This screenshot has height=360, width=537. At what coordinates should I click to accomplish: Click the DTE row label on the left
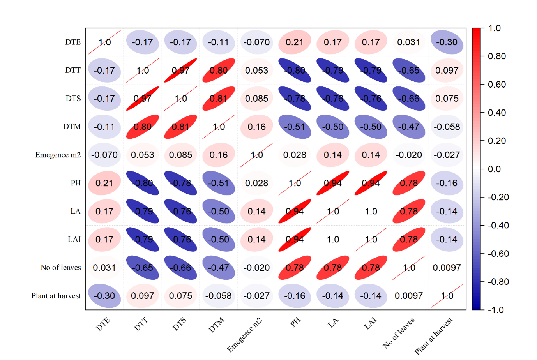73,42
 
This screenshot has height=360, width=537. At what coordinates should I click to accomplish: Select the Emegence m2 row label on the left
58,155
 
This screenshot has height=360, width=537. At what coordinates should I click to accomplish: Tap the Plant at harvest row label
56,296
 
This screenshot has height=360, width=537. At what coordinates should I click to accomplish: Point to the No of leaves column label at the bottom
399,332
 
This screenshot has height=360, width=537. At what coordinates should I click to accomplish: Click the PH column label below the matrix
295,322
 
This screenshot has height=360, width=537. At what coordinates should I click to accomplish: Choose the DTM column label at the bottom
216,325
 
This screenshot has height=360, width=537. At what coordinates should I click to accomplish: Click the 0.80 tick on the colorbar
497,56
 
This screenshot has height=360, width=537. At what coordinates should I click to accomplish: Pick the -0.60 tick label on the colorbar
498,254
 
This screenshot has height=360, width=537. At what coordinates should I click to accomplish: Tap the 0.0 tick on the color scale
494,169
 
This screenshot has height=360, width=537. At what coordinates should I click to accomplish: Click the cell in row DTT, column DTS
180,71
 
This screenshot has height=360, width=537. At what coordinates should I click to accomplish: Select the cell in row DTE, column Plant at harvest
447,42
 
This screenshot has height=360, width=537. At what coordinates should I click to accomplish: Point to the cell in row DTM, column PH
295,127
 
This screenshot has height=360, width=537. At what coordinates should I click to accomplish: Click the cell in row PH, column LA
333,183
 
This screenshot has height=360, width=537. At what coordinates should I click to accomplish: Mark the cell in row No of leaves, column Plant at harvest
447,268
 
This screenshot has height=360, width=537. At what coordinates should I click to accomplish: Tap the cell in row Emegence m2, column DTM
219,155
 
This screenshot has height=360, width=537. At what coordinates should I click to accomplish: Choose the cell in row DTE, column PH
295,42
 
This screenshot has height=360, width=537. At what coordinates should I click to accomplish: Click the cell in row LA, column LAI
371,211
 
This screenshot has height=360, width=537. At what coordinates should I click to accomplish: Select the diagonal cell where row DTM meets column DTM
219,127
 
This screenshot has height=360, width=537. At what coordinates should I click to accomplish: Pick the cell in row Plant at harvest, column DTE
104,296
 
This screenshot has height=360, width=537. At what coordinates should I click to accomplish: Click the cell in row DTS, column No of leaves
409,99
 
